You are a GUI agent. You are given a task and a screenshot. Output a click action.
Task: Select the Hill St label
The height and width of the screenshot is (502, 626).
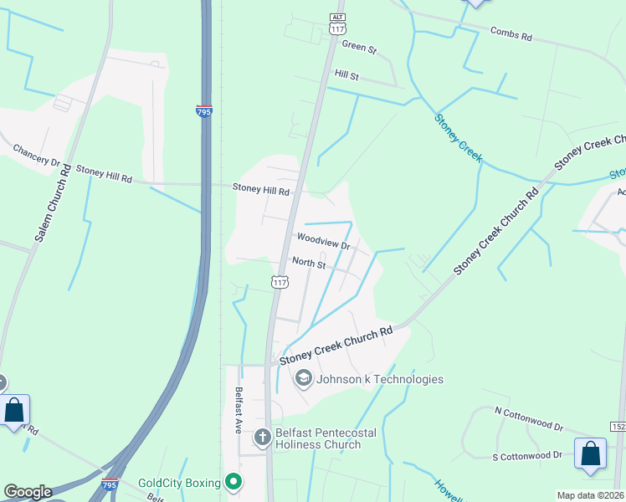pos(346,75)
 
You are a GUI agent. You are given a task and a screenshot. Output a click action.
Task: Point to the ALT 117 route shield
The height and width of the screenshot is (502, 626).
pos(337,23)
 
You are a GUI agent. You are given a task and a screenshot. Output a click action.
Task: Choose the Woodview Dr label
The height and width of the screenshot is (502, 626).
pos(322,242)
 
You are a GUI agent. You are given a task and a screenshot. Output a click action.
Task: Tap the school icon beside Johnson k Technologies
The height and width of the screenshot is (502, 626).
pos(303,379)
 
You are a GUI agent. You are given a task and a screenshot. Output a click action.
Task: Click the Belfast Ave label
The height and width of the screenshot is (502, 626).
pos(239,409)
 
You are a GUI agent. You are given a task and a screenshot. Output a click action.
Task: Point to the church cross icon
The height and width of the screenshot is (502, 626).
pos(262,437)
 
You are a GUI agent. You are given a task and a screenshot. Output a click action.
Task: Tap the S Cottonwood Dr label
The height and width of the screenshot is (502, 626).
pos(527,455)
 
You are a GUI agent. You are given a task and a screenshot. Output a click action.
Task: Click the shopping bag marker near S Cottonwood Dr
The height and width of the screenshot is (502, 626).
pos(590,453)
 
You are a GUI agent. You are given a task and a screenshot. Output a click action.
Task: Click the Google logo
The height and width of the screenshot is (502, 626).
pos(28,492)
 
